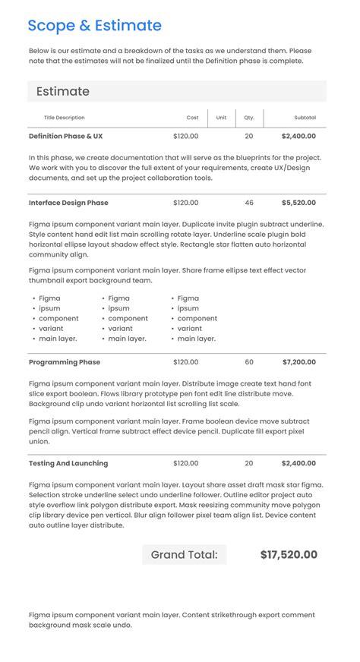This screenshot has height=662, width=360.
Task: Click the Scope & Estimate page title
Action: [94, 26]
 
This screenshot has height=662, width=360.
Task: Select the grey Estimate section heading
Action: [63, 92]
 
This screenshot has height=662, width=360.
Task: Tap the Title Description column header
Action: [65, 118]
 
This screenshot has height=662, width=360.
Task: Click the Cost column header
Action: [192, 118]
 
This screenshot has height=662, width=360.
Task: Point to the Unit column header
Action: [221, 118]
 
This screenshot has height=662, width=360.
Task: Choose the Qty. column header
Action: [249, 118]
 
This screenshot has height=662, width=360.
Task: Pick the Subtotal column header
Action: [305, 118]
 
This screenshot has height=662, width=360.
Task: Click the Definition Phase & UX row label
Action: [65, 137]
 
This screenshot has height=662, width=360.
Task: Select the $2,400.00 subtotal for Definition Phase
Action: [298, 137]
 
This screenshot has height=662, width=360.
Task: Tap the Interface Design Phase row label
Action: [68, 203]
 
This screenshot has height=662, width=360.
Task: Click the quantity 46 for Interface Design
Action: [249, 203]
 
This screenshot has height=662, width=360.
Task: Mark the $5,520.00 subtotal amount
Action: [298, 203]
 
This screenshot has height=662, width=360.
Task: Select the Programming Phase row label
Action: [65, 362]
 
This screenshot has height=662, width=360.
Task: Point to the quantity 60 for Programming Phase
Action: [249, 362]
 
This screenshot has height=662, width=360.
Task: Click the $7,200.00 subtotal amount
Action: [298, 362]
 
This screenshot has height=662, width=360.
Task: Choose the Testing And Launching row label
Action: [68, 463]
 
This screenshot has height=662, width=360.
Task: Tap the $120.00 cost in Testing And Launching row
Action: [185, 463]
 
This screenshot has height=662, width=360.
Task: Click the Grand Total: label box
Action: [184, 555]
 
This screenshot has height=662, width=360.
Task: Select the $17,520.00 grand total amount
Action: [289, 555]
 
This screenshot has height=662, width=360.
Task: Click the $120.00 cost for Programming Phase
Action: [185, 362]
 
